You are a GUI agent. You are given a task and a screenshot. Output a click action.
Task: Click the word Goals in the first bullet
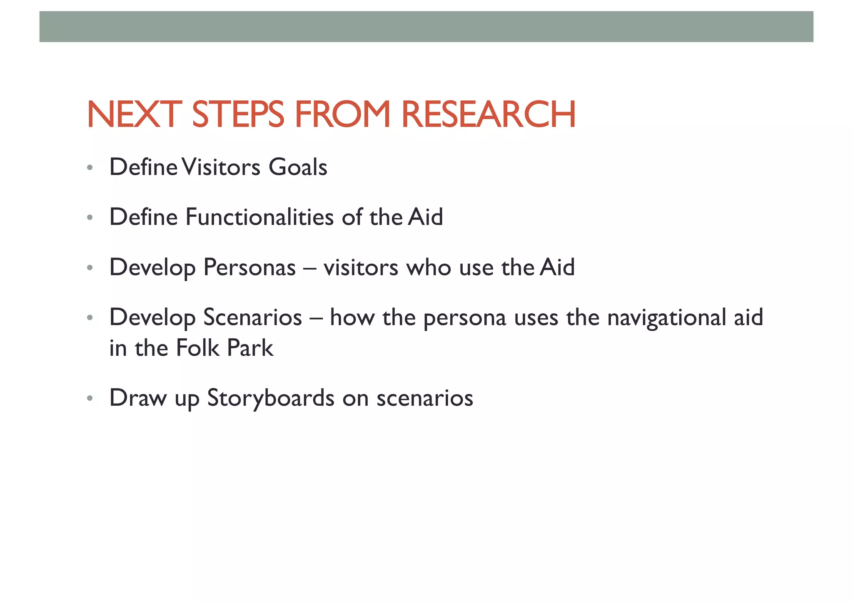298,167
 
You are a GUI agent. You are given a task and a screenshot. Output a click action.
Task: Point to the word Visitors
221,167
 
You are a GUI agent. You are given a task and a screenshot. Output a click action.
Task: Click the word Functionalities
259,217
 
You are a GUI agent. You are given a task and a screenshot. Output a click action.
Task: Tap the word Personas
249,267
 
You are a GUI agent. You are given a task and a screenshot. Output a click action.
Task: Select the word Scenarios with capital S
252,317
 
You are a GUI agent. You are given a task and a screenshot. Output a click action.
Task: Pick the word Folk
197,348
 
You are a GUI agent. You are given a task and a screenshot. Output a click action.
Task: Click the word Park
250,348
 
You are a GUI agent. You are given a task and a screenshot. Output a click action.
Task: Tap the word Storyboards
270,398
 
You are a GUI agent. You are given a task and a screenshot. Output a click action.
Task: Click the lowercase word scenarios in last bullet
425,398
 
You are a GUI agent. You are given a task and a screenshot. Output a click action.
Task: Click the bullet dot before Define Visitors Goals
90,168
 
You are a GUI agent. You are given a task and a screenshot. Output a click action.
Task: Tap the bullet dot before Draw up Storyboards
90,399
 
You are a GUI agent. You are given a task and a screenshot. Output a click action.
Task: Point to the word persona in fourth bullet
464,318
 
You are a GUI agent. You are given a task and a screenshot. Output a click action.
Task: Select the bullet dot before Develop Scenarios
90,318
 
